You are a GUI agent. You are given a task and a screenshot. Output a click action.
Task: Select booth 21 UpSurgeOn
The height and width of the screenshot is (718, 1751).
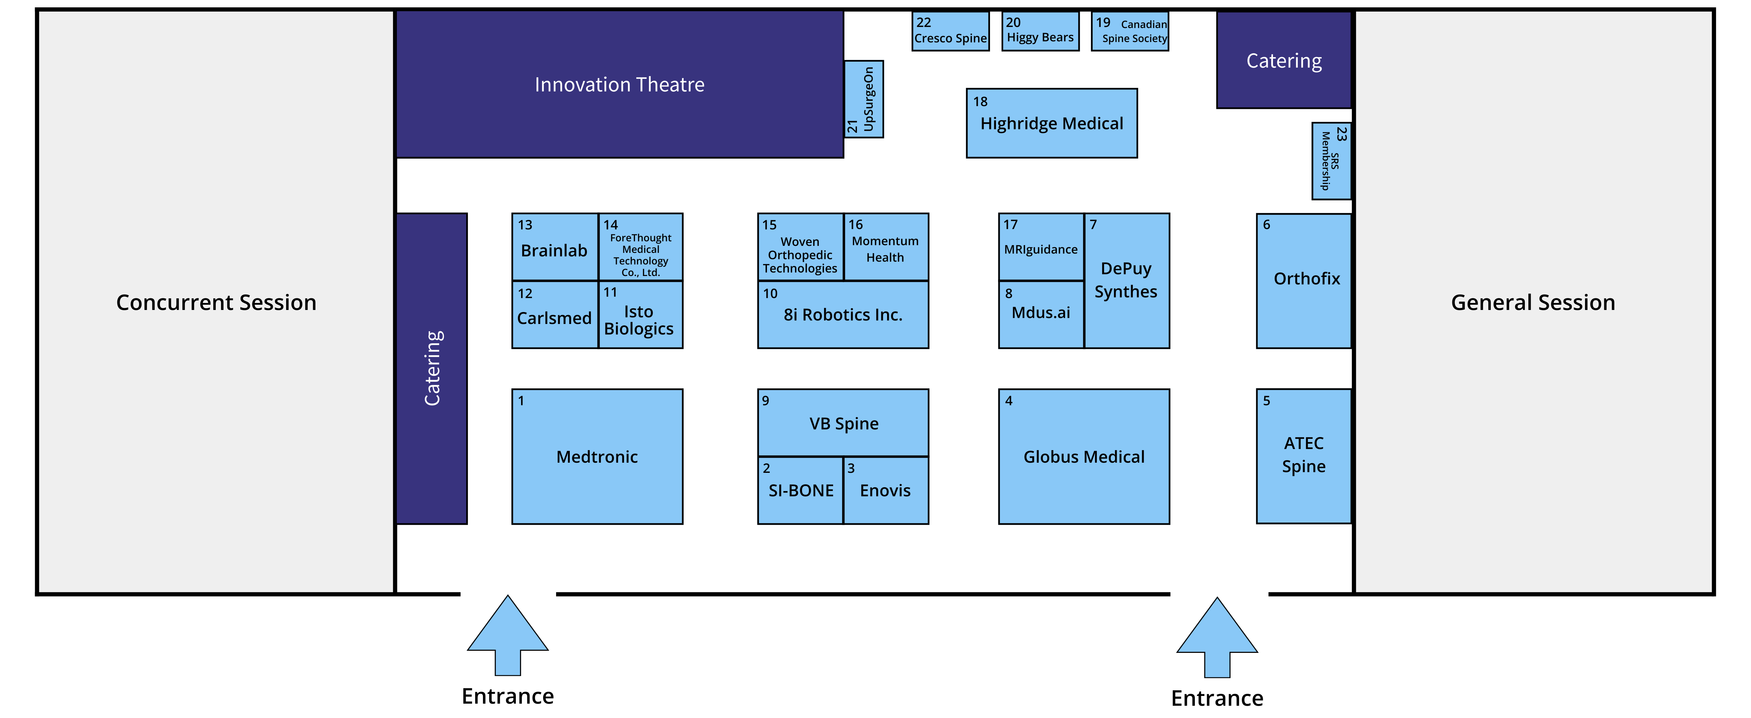click(x=863, y=99)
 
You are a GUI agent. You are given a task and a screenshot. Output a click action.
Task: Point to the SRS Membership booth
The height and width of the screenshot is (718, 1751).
click(x=1331, y=161)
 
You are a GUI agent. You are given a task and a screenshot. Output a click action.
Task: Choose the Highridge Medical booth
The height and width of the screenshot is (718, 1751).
click(x=1052, y=123)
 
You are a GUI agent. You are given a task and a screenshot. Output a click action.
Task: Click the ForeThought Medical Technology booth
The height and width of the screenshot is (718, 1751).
click(x=640, y=247)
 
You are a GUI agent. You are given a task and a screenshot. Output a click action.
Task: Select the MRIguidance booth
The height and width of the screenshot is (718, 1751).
click(x=1041, y=247)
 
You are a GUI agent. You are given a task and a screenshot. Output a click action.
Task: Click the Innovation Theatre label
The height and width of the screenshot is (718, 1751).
click(x=619, y=84)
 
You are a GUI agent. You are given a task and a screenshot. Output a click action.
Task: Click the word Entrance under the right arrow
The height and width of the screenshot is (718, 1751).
click(x=1217, y=698)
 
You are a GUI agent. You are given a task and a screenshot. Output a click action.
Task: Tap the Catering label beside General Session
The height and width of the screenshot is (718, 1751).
click(x=1283, y=61)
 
